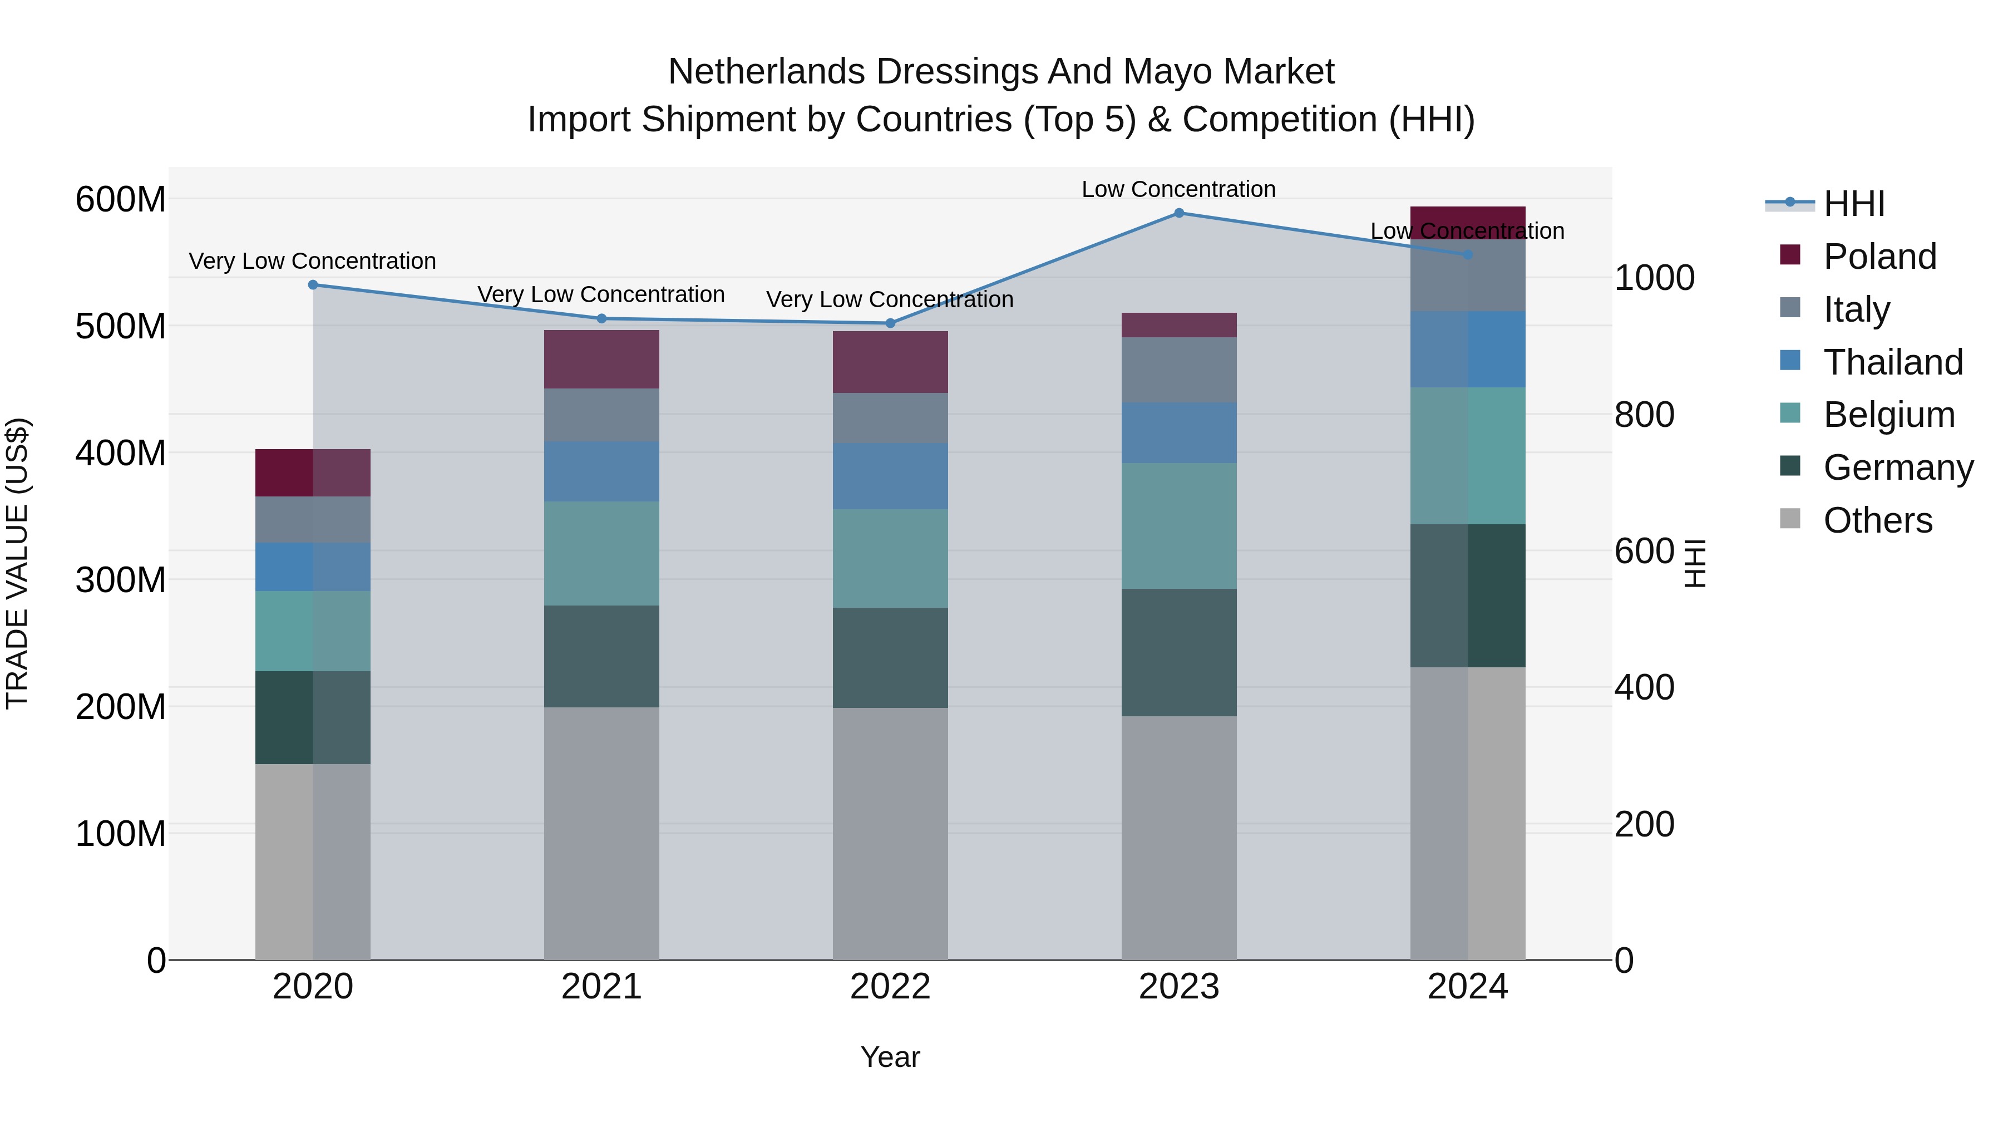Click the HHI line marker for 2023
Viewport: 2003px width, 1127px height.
point(1179,213)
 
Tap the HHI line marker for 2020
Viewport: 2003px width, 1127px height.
point(313,284)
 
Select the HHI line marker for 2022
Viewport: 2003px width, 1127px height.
point(890,323)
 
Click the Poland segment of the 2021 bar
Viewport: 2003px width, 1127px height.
point(601,360)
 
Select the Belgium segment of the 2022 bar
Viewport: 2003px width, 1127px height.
point(890,558)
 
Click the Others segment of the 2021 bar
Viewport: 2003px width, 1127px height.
point(601,832)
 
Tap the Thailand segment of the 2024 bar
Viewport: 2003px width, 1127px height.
point(1467,349)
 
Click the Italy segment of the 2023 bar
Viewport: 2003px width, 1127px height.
point(1179,370)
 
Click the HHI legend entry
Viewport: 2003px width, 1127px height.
point(1854,204)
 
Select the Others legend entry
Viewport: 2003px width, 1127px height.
point(1877,520)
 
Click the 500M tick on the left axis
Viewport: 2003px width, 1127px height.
point(121,326)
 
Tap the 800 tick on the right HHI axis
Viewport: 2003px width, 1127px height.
point(1644,415)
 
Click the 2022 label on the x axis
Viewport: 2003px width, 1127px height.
point(890,987)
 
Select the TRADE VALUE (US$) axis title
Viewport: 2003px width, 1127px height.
point(17,563)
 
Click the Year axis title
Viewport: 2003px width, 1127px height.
point(890,1057)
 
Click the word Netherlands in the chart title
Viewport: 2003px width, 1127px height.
point(766,72)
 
